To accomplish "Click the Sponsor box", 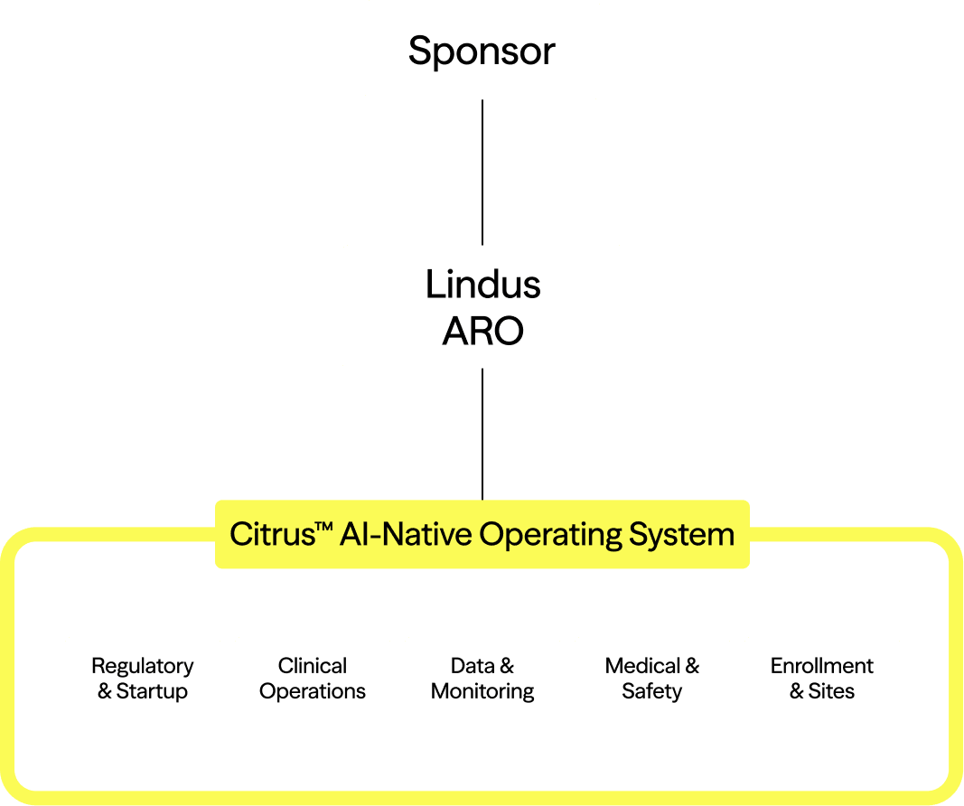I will [482, 50].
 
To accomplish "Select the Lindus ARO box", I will [482, 306].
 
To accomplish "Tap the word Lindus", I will [482, 285].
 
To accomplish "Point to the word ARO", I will [482, 332].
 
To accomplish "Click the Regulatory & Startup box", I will [143, 678].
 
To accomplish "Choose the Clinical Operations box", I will [313, 678].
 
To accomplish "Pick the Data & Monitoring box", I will [482, 678].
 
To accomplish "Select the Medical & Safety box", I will [651, 678].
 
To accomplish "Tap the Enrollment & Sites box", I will [821, 678].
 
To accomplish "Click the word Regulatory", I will [143, 666].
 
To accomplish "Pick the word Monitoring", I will [482, 691].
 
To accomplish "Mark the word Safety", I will [651, 691].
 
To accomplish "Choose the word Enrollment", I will [821, 666].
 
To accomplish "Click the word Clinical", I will [313, 666].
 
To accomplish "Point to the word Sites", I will [831, 691].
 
